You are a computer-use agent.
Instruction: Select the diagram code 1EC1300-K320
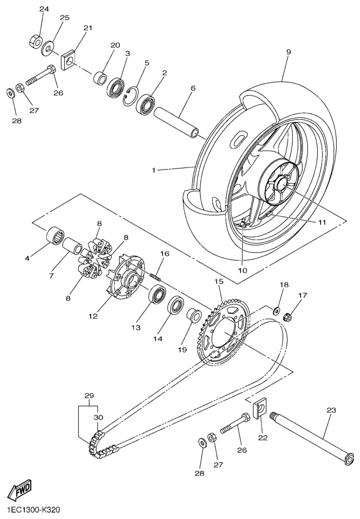(33, 510)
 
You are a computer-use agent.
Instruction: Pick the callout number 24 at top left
(44, 9)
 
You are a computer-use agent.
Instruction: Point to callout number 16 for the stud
(164, 254)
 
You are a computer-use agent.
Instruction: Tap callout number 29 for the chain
(89, 395)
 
